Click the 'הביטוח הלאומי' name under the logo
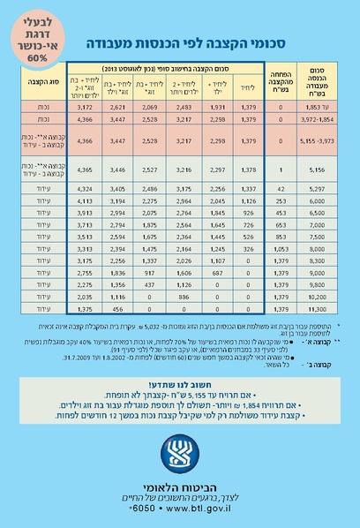[x=180, y=487]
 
